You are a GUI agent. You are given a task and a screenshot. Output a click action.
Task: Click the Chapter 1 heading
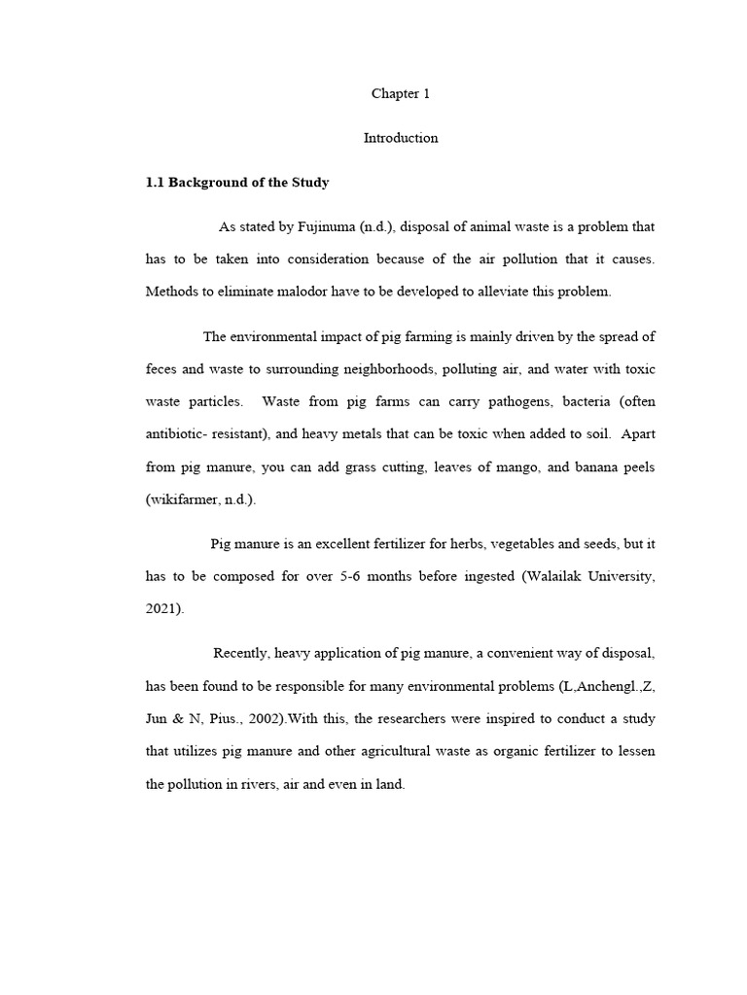tap(400, 94)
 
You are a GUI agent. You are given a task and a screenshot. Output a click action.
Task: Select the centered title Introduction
tap(401, 138)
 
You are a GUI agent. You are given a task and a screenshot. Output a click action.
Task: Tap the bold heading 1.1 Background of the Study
tap(237, 183)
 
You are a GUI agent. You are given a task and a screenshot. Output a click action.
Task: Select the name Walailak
tap(559, 576)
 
